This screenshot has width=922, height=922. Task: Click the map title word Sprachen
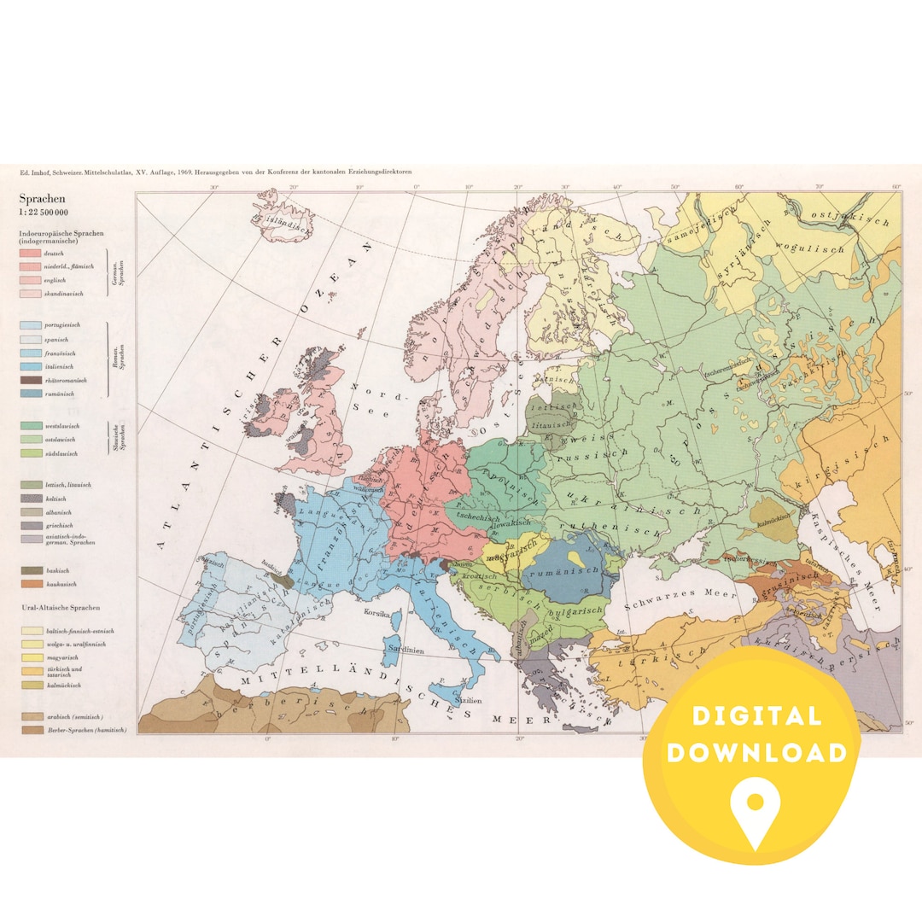tap(42, 199)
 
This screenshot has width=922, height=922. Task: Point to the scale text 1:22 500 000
tap(45, 213)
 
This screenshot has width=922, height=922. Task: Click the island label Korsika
tap(377, 613)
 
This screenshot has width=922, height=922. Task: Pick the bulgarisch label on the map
tap(575, 611)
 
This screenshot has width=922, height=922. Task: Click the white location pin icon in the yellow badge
tap(756, 811)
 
